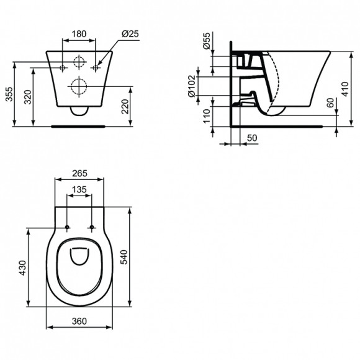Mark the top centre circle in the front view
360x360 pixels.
coord(79,62)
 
